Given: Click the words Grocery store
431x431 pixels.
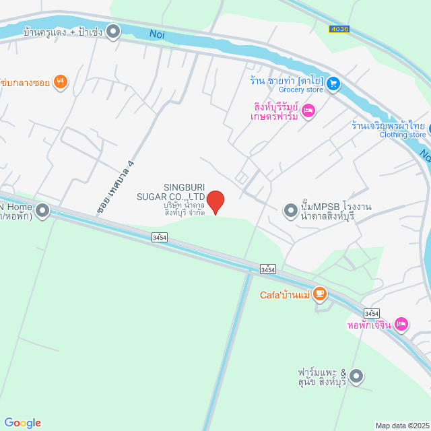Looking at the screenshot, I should click(x=300, y=90).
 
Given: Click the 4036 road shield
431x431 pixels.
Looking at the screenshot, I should click(x=339, y=29).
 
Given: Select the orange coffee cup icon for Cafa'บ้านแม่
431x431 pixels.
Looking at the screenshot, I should click(x=319, y=294).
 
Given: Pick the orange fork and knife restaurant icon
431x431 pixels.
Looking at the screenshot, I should click(x=61, y=82).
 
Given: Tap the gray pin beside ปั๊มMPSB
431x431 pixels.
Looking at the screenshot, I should click(x=290, y=211).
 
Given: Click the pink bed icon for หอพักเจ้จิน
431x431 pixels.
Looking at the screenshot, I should click(x=401, y=324).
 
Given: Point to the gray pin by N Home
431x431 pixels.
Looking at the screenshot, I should click(x=43, y=211).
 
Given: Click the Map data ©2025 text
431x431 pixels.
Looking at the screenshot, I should click(x=401, y=426).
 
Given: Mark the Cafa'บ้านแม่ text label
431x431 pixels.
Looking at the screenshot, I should click(x=285, y=294).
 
